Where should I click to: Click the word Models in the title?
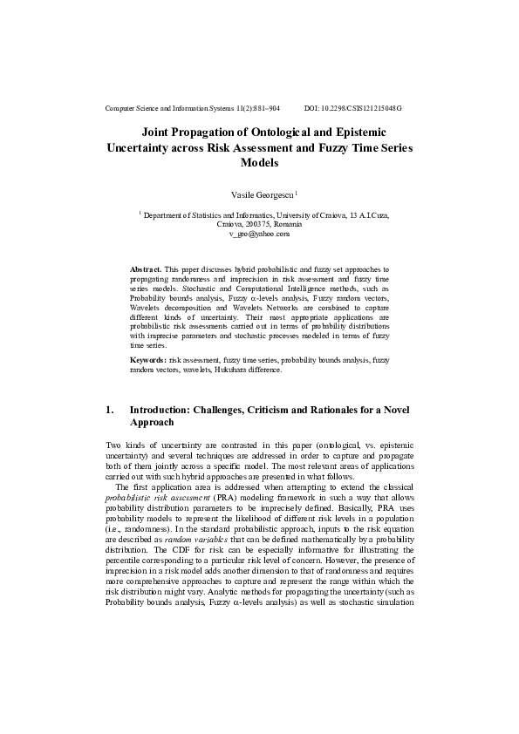260,162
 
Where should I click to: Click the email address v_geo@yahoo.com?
260,234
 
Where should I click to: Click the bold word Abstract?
146,271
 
